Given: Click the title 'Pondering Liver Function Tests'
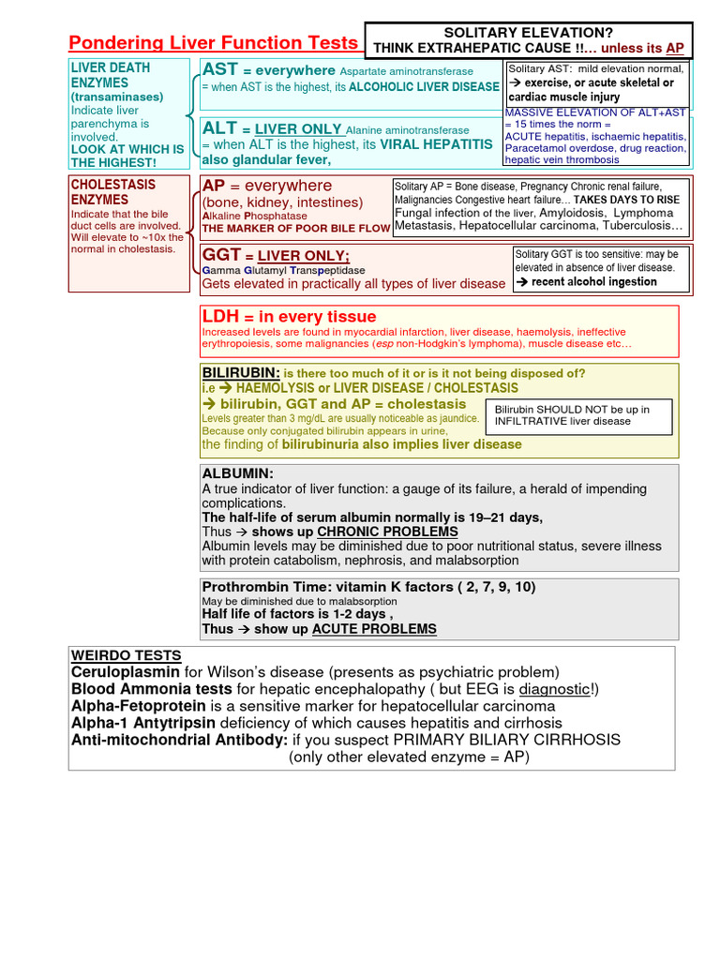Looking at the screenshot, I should (x=214, y=42).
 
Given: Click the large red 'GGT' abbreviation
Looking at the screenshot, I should (x=222, y=255).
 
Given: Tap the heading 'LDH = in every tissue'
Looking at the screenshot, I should (x=289, y=317).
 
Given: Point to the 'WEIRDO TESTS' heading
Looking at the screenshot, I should (x=127, y=655).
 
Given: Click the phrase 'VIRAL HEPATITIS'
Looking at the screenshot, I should (x=436, y=144).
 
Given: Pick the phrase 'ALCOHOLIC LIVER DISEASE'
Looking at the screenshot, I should (x=424, y=86).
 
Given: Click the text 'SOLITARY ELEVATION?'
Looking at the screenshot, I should (x=528, y=32).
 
